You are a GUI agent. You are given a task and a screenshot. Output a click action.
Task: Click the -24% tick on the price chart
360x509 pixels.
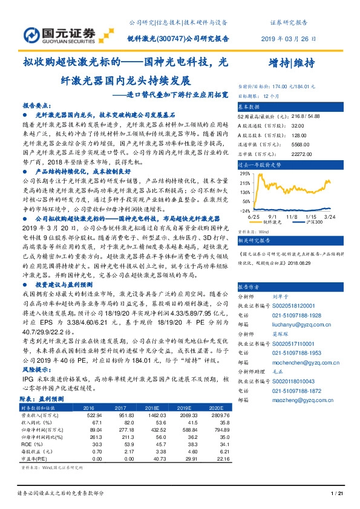click(x=245, y=211)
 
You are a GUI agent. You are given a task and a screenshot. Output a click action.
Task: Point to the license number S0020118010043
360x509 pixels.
click(x=292, y=383)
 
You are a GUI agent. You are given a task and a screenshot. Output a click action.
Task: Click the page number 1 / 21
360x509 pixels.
click(x=338, y=494)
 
